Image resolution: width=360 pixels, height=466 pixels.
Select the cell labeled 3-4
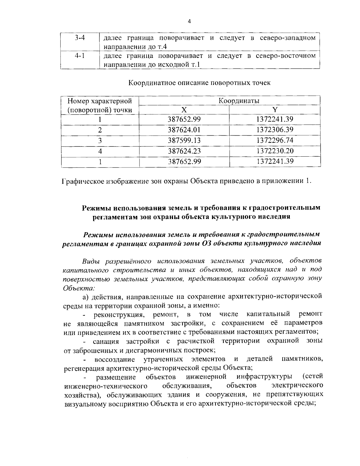coord(80,38)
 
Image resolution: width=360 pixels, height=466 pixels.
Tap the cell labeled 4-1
coord(80,56)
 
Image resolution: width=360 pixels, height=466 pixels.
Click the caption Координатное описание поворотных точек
coord(199,83)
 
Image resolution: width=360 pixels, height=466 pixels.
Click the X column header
coord(184,110)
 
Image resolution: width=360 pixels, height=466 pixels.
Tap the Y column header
coord(275,110)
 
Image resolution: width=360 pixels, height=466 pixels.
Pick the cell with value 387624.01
coord(184,130)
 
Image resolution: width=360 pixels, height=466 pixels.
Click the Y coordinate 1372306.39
coord(275,130)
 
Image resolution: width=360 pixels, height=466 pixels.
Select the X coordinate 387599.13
coord(184,140)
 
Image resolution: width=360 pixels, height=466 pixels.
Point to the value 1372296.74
coord(275,140)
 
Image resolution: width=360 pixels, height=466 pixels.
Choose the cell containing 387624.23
coord(184,151)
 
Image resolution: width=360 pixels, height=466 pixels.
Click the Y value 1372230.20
coord(275,151)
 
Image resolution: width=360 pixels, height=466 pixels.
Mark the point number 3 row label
coord(100,140)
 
